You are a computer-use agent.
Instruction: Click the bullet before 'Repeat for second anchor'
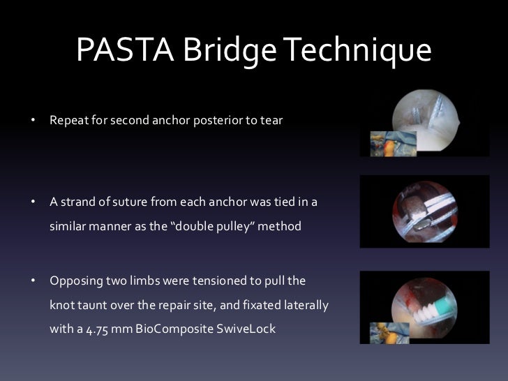coord(32,121)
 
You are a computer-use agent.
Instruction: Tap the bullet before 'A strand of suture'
coord(32,202)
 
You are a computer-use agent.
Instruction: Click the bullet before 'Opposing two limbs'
coord(32,281)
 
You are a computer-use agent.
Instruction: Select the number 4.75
coord(89,329)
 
